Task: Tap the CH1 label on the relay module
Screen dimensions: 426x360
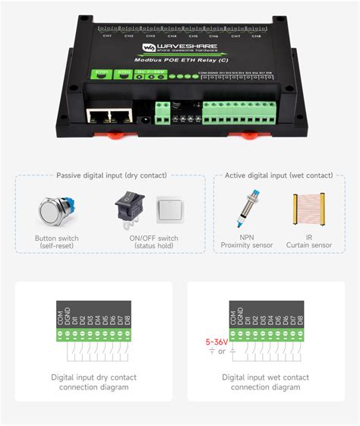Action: (x=107, y=35)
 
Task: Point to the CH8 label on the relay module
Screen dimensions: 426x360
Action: (x=257, y=35)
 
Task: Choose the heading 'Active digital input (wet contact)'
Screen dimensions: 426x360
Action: (x=278, y=175)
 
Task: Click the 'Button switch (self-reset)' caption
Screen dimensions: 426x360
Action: (x=58, y=241)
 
